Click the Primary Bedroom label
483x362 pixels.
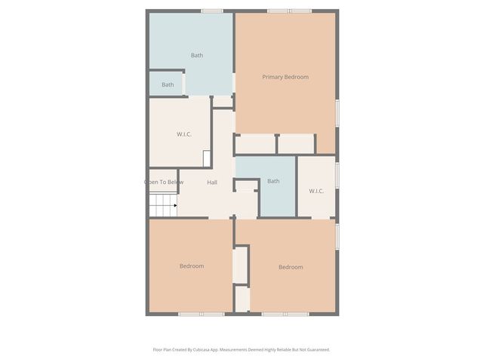pos(285,77)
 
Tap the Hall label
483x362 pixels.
pos(212,183)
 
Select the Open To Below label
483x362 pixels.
pos(164,182)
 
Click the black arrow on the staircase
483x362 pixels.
pos(175,205)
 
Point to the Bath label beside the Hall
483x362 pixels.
pos(273,181)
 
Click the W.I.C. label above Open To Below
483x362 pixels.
pos(184,134)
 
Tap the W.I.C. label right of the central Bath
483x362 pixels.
pos(316,191)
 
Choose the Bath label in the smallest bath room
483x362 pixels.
pos(168,84)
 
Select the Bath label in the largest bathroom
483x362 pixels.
pos(196,55)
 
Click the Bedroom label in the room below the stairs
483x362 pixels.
pos(192,266)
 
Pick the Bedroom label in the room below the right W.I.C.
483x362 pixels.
pos(291,267)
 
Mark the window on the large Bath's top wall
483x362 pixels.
pos(212,11)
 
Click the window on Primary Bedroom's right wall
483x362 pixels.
pos(337,112)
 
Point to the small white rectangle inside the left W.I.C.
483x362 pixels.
pos(206,158)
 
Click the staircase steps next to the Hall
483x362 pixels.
pos(161,205)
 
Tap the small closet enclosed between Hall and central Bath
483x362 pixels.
pos(246,186)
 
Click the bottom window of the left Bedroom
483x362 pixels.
pos(201,314)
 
